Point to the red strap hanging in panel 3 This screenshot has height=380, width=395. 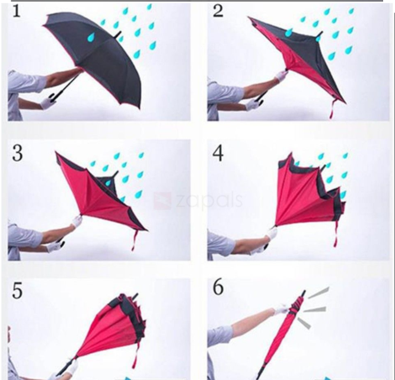coord(136,240)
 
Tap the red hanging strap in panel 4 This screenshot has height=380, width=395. coord(336,237)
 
